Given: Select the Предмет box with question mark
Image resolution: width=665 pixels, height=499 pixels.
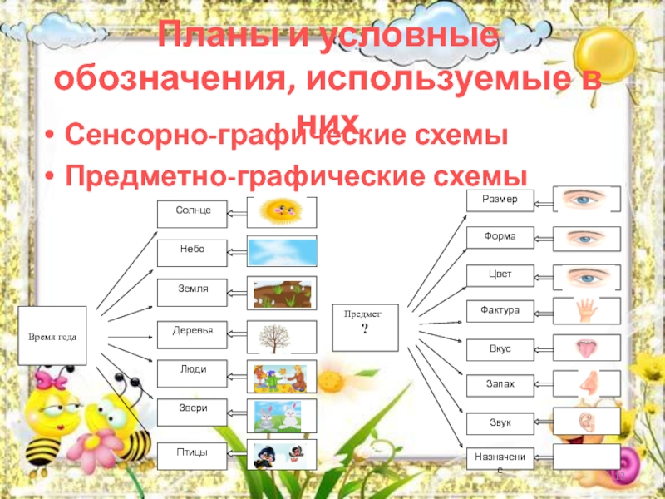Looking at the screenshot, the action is coord(366,325).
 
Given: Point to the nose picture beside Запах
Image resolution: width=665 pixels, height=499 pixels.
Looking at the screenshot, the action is coord(587,383).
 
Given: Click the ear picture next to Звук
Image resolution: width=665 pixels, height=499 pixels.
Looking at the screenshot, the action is coord(587,422).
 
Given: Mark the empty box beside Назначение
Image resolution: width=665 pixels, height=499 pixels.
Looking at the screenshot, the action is coord(587,457).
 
